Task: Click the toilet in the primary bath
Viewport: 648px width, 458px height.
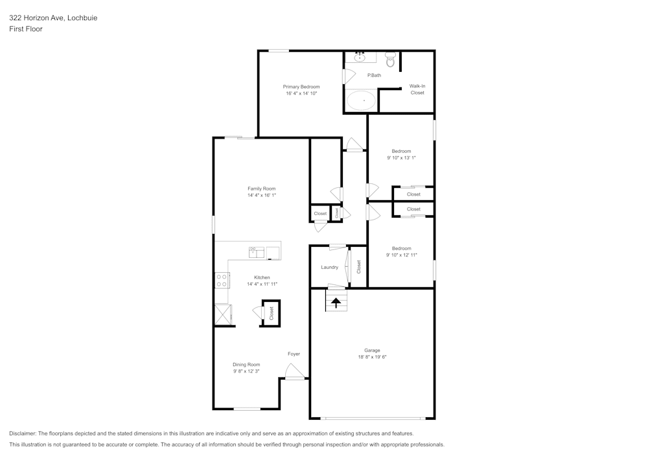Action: (390, 61)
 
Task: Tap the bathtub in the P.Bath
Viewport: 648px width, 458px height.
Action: (361, 100)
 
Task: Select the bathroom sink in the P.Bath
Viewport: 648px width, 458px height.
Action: (360, 58)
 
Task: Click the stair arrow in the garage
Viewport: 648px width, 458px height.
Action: (336, 301)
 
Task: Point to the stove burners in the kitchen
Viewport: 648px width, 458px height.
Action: (222, 280)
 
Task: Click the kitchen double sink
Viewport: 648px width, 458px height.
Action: (257, 251)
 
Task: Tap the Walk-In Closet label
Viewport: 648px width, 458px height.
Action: (417, 89)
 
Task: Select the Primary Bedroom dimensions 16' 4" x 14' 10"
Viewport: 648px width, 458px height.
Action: (301, 93)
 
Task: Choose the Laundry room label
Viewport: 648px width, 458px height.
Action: (329, 267)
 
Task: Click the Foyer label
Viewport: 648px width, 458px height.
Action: (294, 354)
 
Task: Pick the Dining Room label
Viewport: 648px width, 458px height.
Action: (246, 365)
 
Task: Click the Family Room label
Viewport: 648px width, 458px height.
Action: (261, 189)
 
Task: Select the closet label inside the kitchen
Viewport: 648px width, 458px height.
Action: (272, 314)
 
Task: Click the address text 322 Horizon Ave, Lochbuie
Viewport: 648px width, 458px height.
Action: (53, 18)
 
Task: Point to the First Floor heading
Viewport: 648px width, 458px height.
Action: (26, 29)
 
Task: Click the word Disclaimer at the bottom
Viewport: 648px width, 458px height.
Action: (23, 433)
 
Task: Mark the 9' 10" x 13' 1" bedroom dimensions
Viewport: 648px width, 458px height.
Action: (401, 157)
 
